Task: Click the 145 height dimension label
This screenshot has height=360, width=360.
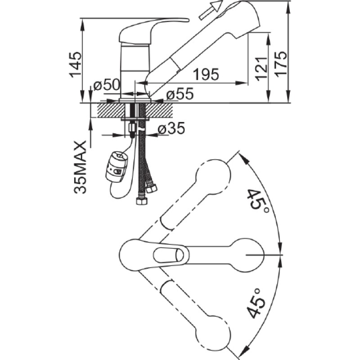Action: pyautogui.click(x=76, y=65)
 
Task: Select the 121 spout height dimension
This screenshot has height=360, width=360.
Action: pyautogui.click(x=261, y=68)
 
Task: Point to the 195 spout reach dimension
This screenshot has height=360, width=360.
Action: pyautogui.click(x=206, y=74)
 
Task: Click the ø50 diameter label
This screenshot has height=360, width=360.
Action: pyautogui.click(x=107, y=85)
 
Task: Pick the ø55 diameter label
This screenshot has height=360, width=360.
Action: pyautogui.click(x=180, y=94)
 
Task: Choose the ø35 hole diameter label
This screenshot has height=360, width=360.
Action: pyautogui.click(x=171, y=128)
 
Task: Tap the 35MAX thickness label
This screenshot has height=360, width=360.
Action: pyautogui.click(x=81, y=167)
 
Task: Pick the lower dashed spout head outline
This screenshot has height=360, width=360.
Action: pyautogui.click(x=212, y=333)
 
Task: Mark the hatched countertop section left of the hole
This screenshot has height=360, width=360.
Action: pyautogui.click(x=111, y=110)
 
